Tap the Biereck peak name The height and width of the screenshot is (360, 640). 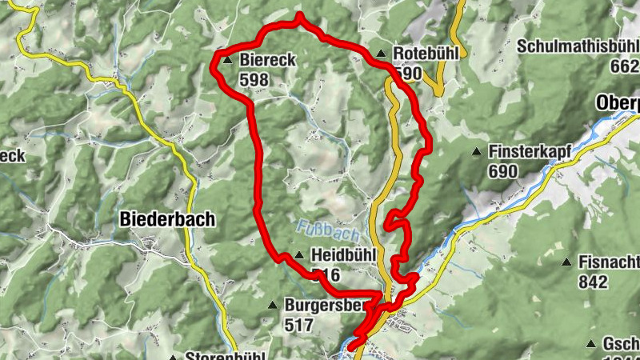click(x=268, y=59)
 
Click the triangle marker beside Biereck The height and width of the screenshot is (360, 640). click(x=227, y=60)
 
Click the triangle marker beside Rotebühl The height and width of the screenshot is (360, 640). click(x=381, y=54)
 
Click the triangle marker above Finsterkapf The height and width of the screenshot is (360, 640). click(x=477, y=151)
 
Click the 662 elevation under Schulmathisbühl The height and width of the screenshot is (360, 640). click(x=624, y=66)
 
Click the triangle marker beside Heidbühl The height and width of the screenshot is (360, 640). click(x=298, y=255)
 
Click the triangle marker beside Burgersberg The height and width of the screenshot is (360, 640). click(x=273, y=305)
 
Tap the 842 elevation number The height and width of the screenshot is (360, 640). click(x=593, y=282)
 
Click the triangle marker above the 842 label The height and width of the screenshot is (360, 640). click(x=566, y=262)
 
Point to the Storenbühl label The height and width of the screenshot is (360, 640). click(x=224, y=356)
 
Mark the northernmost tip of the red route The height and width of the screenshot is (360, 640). click(x=299, y=15)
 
